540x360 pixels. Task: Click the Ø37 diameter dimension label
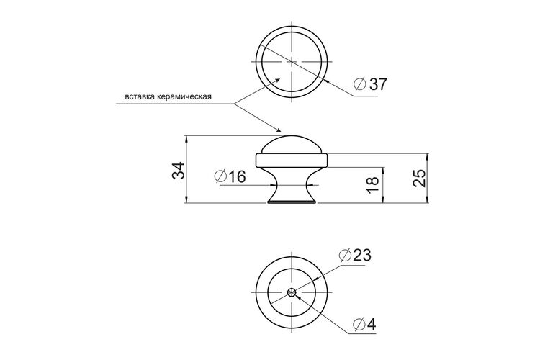(x=371, y=84)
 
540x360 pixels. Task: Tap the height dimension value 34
(x=179, y=170)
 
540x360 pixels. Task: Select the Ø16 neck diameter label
(x=230, y=176)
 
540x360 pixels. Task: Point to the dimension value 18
(x=373, y=184)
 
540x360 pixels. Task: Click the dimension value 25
(x=420, y=178)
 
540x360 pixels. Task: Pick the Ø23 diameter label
(x=355, y=256)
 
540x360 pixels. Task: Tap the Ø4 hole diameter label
(x=365, y=324)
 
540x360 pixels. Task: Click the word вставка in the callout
(x=139, y=96)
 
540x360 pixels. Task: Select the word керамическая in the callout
(x=184, y=96)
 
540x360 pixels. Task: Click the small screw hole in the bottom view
(x=292, y=292)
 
